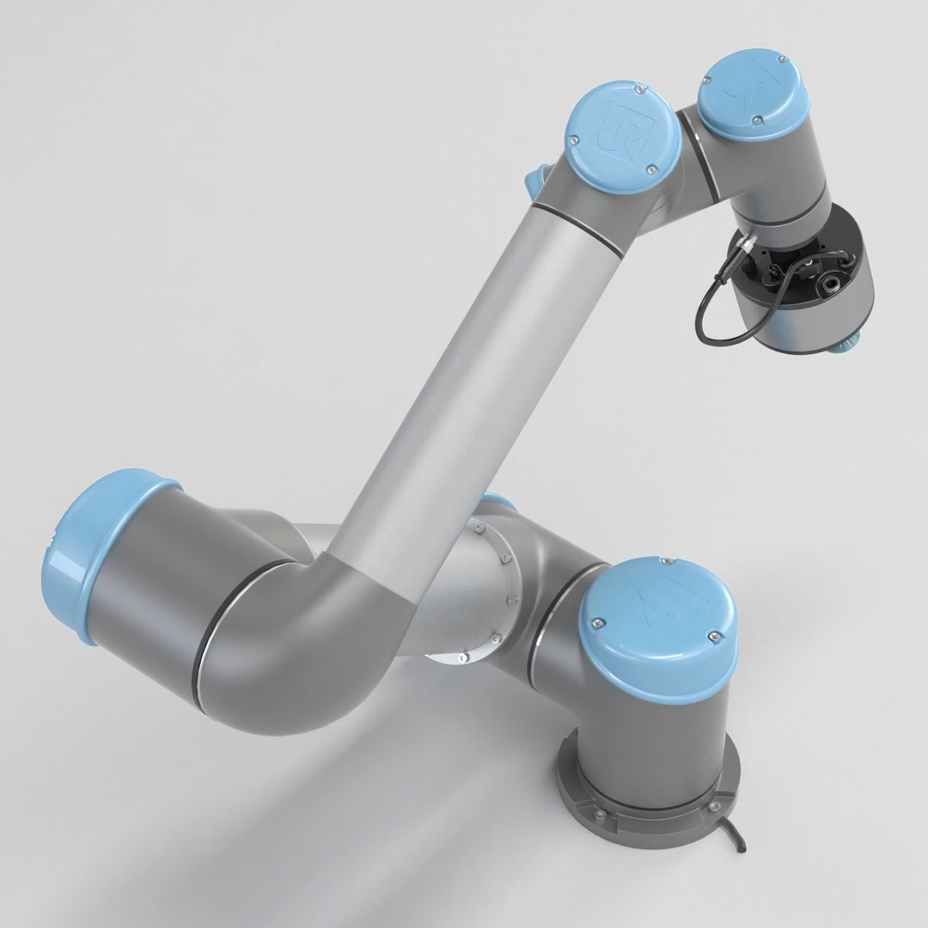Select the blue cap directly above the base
pos(656,619)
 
